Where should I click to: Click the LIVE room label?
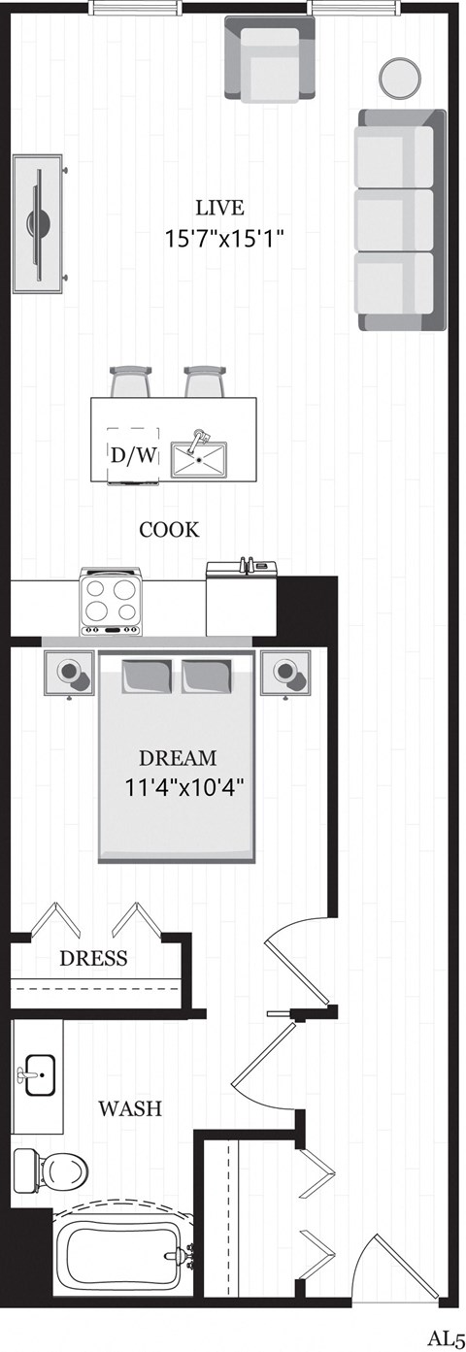(x=218, y=208)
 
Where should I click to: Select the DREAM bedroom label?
(x=178, y=758)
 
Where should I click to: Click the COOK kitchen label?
(x=169, y=530)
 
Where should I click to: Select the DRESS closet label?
(x=93, y=959)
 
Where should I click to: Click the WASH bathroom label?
(x=130, y=1107)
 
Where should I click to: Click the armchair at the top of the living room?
(x=271, y=60)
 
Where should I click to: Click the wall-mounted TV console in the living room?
(x=39, y=221)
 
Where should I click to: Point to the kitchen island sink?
(x=201, y=454)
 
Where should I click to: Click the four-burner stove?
(x=111, y=602)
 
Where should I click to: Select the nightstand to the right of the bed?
(x=288, y=672)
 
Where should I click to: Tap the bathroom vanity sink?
(x=39, y=1075)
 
